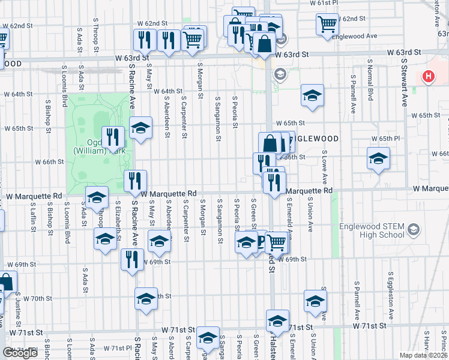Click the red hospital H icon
point(428,76)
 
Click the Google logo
point(20,352)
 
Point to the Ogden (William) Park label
point(90,147)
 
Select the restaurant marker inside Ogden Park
point(113,137)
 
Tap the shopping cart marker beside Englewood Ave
point(327,25)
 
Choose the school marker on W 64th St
point(312,97)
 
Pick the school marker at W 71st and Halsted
point(277,321)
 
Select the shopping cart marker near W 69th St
point(277,242)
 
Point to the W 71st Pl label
point(117,348)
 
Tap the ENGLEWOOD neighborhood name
point(315,139)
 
